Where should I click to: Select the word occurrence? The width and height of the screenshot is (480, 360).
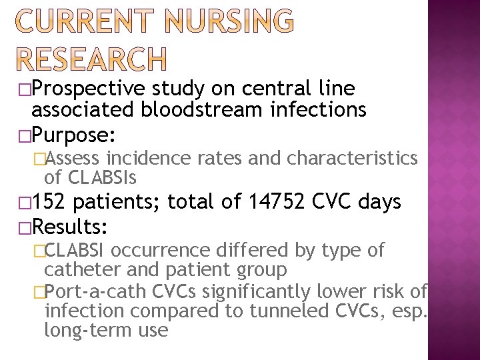[163, 251]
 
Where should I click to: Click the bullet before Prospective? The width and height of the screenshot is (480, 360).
[25, 89]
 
